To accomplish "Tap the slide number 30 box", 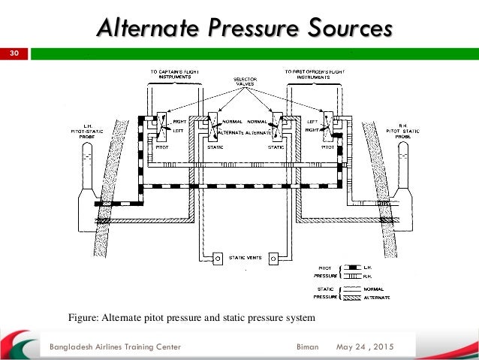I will (13, 54).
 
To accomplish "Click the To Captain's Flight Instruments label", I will (174, 74).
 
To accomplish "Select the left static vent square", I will (217, 258).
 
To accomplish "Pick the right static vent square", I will (274, 258).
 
